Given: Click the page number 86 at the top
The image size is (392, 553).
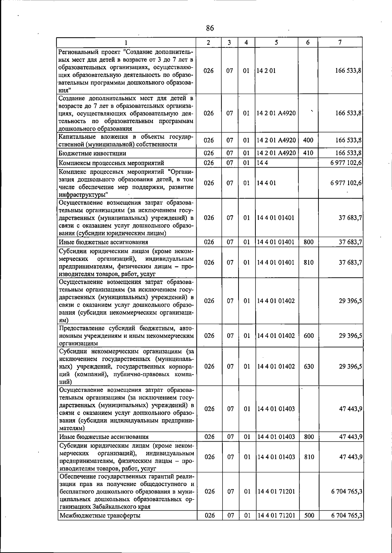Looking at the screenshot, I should coord(210,28).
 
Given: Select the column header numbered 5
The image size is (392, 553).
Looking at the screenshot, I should coord(276,42).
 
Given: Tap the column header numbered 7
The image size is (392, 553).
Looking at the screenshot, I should coord(340,42).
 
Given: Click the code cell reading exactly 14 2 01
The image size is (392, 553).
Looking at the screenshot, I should coord(266,71).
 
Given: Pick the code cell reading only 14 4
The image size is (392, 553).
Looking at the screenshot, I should coord(262,163).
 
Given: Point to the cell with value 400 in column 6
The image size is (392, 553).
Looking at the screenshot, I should coord(308,140).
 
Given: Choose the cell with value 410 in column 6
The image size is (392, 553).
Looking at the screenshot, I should coord(308,153).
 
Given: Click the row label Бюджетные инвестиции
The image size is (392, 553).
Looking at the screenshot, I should coord(92,153).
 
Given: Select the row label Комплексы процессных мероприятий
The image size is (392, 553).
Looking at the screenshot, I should coord(111,163).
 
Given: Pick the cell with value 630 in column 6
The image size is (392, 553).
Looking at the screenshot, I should coord(309,366).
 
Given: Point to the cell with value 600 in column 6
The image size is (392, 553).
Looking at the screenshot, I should coord(309,335).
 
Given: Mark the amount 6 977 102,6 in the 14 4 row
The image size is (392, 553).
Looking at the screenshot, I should coord(346,163).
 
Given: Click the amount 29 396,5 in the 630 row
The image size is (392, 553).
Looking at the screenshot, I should coord(350,366).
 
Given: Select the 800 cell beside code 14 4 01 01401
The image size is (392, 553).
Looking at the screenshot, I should coord(308,242).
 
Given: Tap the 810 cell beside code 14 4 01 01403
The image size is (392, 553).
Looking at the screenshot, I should coord(309,457).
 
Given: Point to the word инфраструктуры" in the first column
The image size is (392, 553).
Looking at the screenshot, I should coord(84,195).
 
